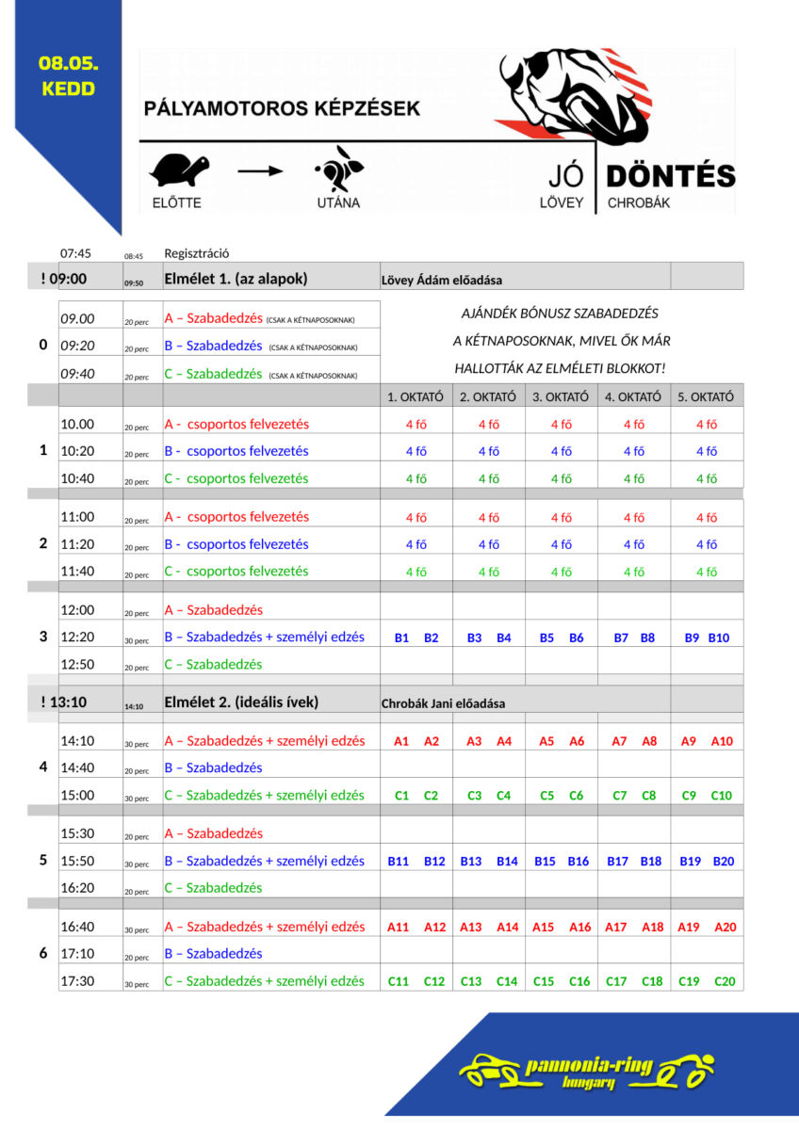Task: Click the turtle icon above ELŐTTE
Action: [x=179, y=170]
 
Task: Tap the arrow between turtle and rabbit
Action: [x=259, y=171]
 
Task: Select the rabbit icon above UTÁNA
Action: [x=337, y=169]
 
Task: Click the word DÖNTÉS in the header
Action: [x=670, y=176]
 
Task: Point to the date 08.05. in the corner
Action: [x=69, y=64]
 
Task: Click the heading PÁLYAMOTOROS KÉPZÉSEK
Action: [x=282, y=109]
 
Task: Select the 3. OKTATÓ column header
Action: [x=561, y=396]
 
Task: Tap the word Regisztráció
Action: [x=197, y=253]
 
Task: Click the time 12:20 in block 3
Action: [x=77, y=638]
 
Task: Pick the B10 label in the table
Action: [x=719, y=638]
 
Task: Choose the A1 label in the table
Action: [x=401, y=741]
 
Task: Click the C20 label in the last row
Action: [x=724, y=981]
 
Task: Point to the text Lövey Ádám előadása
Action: [x=441, y=280]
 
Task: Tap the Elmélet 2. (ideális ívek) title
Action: [x=241, y=702]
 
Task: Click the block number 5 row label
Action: [x=43, y=860]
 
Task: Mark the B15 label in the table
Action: [x=545, y=861]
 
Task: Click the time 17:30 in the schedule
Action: [x=77, y=980]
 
